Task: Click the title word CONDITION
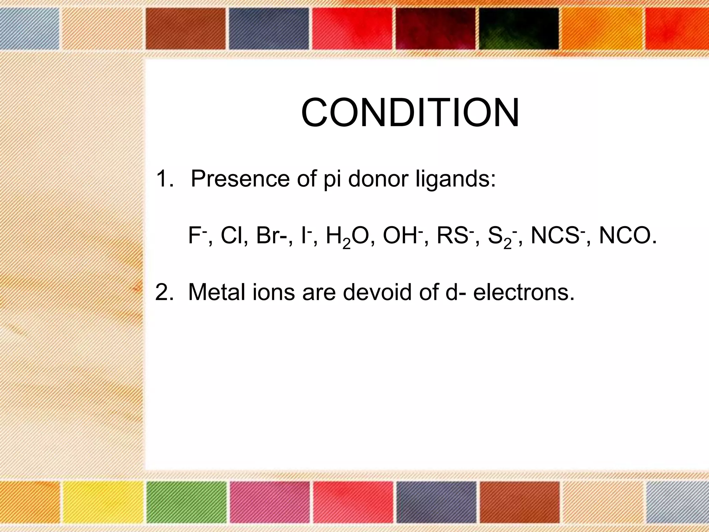pyautogui.click(x=410, y=113)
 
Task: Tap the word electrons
pyautogui.click(x=523, y=292)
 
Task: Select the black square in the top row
pyautogui.click(x=519, y=28)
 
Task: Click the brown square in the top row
pyautogui.click(x=185, y=28)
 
